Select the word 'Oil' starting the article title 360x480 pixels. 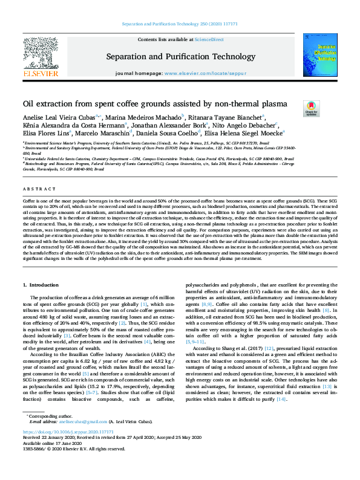tap(29, 103)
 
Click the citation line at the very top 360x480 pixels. tap(180, 24)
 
